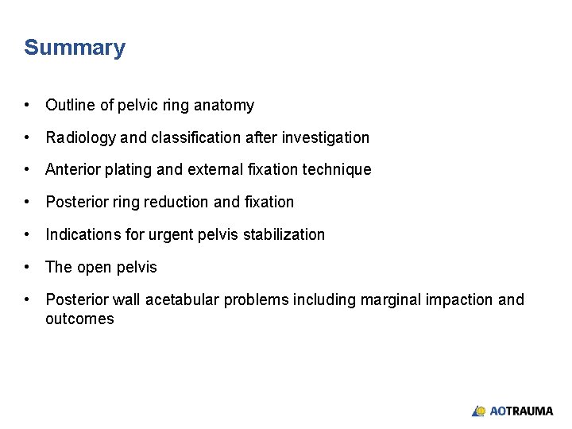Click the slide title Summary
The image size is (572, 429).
click(75, 48)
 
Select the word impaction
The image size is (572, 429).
click(460, 300)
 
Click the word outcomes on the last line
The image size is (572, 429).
click(79, 319)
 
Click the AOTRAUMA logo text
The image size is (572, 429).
click(521, 411)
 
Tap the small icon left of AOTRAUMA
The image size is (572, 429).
click(478, 411)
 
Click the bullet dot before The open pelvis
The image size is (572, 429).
click(28, 267)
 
